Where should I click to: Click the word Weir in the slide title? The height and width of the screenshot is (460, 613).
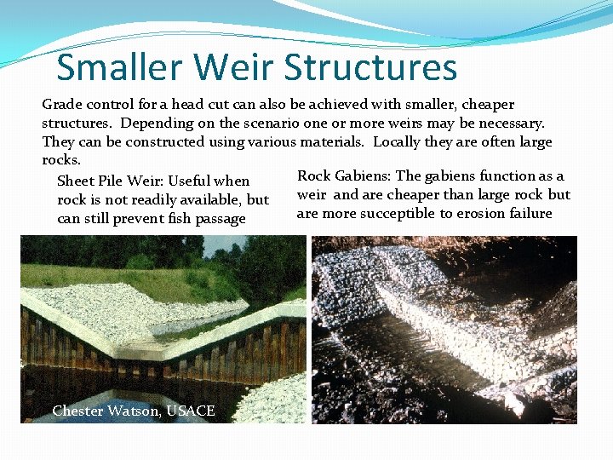(238, 67)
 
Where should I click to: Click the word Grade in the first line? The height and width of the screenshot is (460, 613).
(61, 105)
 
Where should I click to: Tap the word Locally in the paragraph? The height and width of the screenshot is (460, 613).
(398, 142)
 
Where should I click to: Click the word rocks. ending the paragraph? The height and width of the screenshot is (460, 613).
(61, 160)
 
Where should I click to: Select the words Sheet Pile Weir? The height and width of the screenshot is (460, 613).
(110, 181)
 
